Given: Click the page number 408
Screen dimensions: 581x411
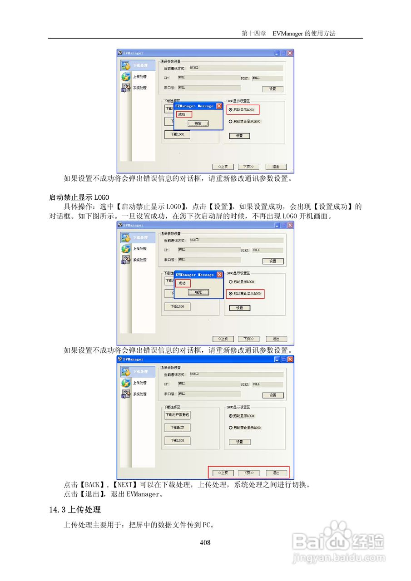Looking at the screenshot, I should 205,542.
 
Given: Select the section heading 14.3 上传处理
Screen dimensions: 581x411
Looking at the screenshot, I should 75,510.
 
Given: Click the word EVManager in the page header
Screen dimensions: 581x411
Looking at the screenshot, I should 288,34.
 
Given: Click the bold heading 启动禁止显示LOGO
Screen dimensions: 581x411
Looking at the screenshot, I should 79,197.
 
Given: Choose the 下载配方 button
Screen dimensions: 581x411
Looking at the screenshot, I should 177,428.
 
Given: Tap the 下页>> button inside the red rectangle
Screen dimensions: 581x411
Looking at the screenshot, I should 248,473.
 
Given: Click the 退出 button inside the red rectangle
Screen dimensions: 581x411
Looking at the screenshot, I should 276,473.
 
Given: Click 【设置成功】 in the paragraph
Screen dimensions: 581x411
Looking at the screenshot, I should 334,207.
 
